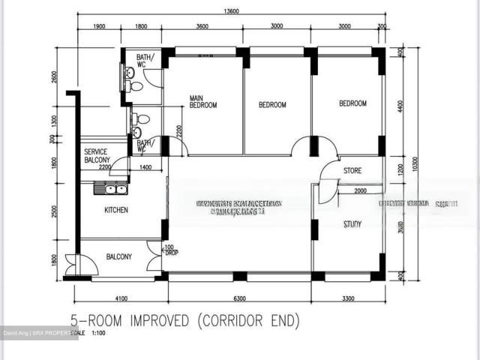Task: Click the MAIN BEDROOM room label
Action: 202,102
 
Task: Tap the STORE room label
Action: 352,171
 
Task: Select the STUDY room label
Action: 352,223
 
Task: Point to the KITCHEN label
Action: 115,211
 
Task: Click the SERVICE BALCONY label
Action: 97,155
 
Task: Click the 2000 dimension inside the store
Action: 360,191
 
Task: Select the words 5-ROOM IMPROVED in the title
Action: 127,321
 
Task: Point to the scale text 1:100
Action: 99,334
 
